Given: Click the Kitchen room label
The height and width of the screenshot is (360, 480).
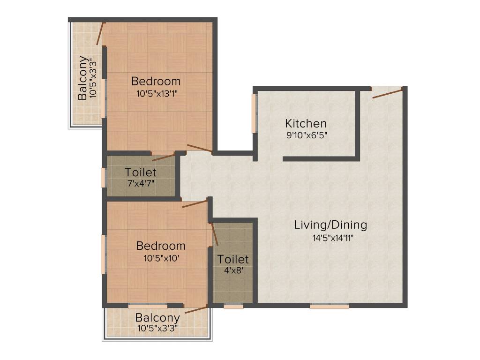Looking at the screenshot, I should click(306, 124).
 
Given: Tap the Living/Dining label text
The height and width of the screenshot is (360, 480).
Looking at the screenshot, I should click(330, 225).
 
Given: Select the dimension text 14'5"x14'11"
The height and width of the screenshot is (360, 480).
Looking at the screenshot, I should click(333, 238).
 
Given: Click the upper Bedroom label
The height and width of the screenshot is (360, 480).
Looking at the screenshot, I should click(156, 80).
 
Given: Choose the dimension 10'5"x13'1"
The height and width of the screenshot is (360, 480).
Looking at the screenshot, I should click(157, 93).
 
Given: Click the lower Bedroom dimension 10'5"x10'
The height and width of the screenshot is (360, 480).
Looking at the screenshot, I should click(160, 258).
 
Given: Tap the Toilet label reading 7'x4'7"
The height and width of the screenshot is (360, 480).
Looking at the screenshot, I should click(141, 183).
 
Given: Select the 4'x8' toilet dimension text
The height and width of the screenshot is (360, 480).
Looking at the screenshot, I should click(233, 270).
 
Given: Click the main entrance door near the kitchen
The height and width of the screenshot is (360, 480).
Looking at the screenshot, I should click(387, 92).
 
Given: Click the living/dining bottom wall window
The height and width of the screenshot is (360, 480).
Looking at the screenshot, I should click(330, 306).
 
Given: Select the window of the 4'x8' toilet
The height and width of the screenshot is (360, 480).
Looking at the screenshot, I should click(233, 306).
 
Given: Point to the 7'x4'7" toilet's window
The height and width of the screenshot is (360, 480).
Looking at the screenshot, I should click(104, 178).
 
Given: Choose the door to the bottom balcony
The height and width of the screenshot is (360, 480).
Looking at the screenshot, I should click(196, 308).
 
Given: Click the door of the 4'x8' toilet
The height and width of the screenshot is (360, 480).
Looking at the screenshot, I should click(214, 233).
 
